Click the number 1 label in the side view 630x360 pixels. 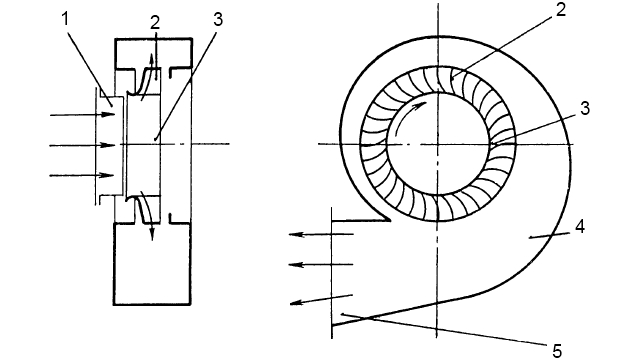[x=66, y=19]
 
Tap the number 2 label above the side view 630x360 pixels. [x=155, y=22]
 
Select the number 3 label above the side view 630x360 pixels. [x=218, y=19]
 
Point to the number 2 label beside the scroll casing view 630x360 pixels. [x=561, y=10]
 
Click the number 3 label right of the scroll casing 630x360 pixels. [x=585, y=108]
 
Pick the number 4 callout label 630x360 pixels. [x=579, y=227]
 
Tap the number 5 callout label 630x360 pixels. [x=557, y=351]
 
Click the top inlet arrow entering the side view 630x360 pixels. [x=82, y=115]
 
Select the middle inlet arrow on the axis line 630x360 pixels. [x=82, y=145]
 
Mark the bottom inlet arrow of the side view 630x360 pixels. [x=82, y=175]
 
